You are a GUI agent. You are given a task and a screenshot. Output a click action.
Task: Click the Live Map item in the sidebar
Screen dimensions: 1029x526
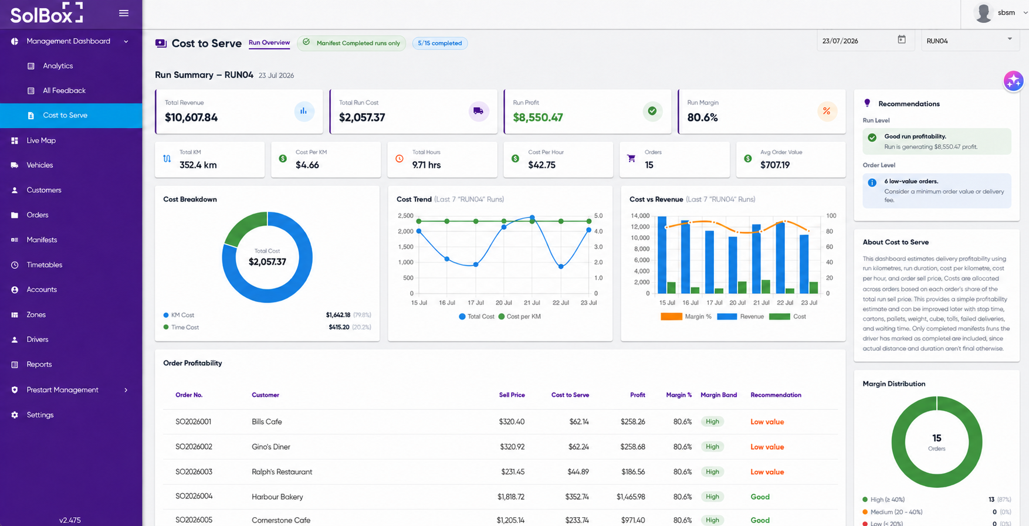click(41, 141)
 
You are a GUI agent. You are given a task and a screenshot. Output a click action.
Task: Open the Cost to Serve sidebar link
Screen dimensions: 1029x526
click(65, 116)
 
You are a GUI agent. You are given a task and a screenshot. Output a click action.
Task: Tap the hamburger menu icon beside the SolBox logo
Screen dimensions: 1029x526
click(124, 13)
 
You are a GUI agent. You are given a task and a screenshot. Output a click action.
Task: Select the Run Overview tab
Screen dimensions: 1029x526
click(269, 43)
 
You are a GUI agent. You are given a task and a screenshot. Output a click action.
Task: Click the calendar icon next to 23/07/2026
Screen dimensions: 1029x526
click(902, 39)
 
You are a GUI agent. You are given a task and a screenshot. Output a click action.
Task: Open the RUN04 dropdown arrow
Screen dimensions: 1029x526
click(1010, 39)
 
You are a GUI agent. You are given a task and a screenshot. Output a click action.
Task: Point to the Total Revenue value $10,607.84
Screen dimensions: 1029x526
click(191, 117)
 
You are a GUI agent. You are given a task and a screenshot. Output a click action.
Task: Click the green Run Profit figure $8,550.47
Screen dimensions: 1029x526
click(538, 117)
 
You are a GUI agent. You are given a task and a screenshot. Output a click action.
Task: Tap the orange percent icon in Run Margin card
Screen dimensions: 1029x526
click(827, 111)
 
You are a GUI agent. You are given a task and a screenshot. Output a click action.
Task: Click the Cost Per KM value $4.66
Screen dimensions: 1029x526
click(307, 165)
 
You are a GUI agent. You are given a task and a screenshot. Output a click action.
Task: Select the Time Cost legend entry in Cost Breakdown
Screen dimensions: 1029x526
click(181, 327)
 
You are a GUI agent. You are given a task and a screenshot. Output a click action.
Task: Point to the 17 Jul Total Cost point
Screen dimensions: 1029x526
click(476, 264)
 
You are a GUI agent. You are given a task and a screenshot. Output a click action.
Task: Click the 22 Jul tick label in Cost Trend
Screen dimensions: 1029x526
click(561, 303)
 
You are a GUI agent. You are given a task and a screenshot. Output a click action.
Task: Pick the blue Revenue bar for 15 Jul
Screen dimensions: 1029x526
click(662, 255)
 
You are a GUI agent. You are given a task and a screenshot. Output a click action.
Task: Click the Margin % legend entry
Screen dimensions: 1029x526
click(686, 317)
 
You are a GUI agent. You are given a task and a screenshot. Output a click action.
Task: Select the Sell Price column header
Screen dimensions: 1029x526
click(512, 395)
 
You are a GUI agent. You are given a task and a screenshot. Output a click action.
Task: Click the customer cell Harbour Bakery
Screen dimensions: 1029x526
click(277, 497)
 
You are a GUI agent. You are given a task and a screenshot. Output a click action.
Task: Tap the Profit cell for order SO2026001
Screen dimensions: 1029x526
click(633, 422)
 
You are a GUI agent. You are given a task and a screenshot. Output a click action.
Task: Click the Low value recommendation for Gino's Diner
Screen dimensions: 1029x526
click(767, 447)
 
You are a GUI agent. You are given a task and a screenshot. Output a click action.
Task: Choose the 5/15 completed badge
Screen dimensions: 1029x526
click(440, 43)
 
